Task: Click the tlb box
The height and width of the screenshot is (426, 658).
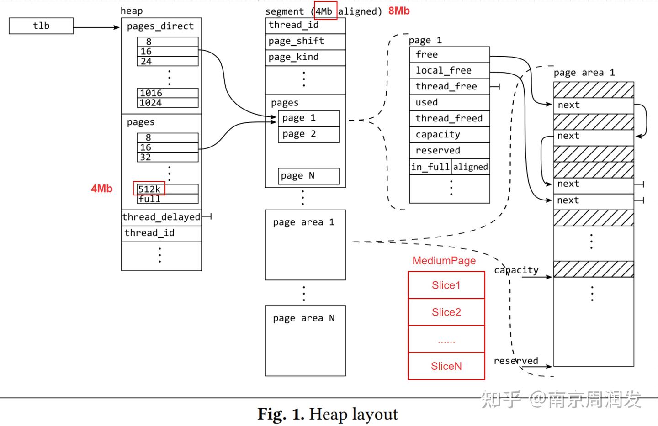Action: coord(41,26)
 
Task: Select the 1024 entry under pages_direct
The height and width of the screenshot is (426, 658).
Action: coord(168,103)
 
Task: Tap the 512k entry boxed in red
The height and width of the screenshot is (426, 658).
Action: coord(149,189)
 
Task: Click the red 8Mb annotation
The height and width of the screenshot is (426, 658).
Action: coord(399,11)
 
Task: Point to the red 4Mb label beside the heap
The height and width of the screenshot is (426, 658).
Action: coord(101,189)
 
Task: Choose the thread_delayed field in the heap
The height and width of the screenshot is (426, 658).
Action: coord(161,217)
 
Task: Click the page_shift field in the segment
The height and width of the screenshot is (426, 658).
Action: coord(306,42)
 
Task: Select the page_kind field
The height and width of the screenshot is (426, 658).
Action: coord(306,58)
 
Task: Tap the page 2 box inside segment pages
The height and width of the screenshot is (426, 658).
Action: coord(309,134)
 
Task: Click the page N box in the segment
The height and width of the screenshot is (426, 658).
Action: coord(309,176)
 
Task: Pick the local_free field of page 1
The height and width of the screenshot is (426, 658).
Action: coord(450,70)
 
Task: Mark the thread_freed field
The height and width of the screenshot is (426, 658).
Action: coord(450,119)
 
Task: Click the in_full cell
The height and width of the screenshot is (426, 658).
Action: coord(430,167)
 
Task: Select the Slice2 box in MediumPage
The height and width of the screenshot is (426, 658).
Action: coord(446,312)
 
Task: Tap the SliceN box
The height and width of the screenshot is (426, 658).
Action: coord(446,366)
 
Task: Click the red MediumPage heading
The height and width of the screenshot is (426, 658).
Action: coord(444,261)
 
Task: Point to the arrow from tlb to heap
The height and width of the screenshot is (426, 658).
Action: coord(96,27)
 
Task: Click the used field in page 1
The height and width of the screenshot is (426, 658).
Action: coord(450,103)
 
